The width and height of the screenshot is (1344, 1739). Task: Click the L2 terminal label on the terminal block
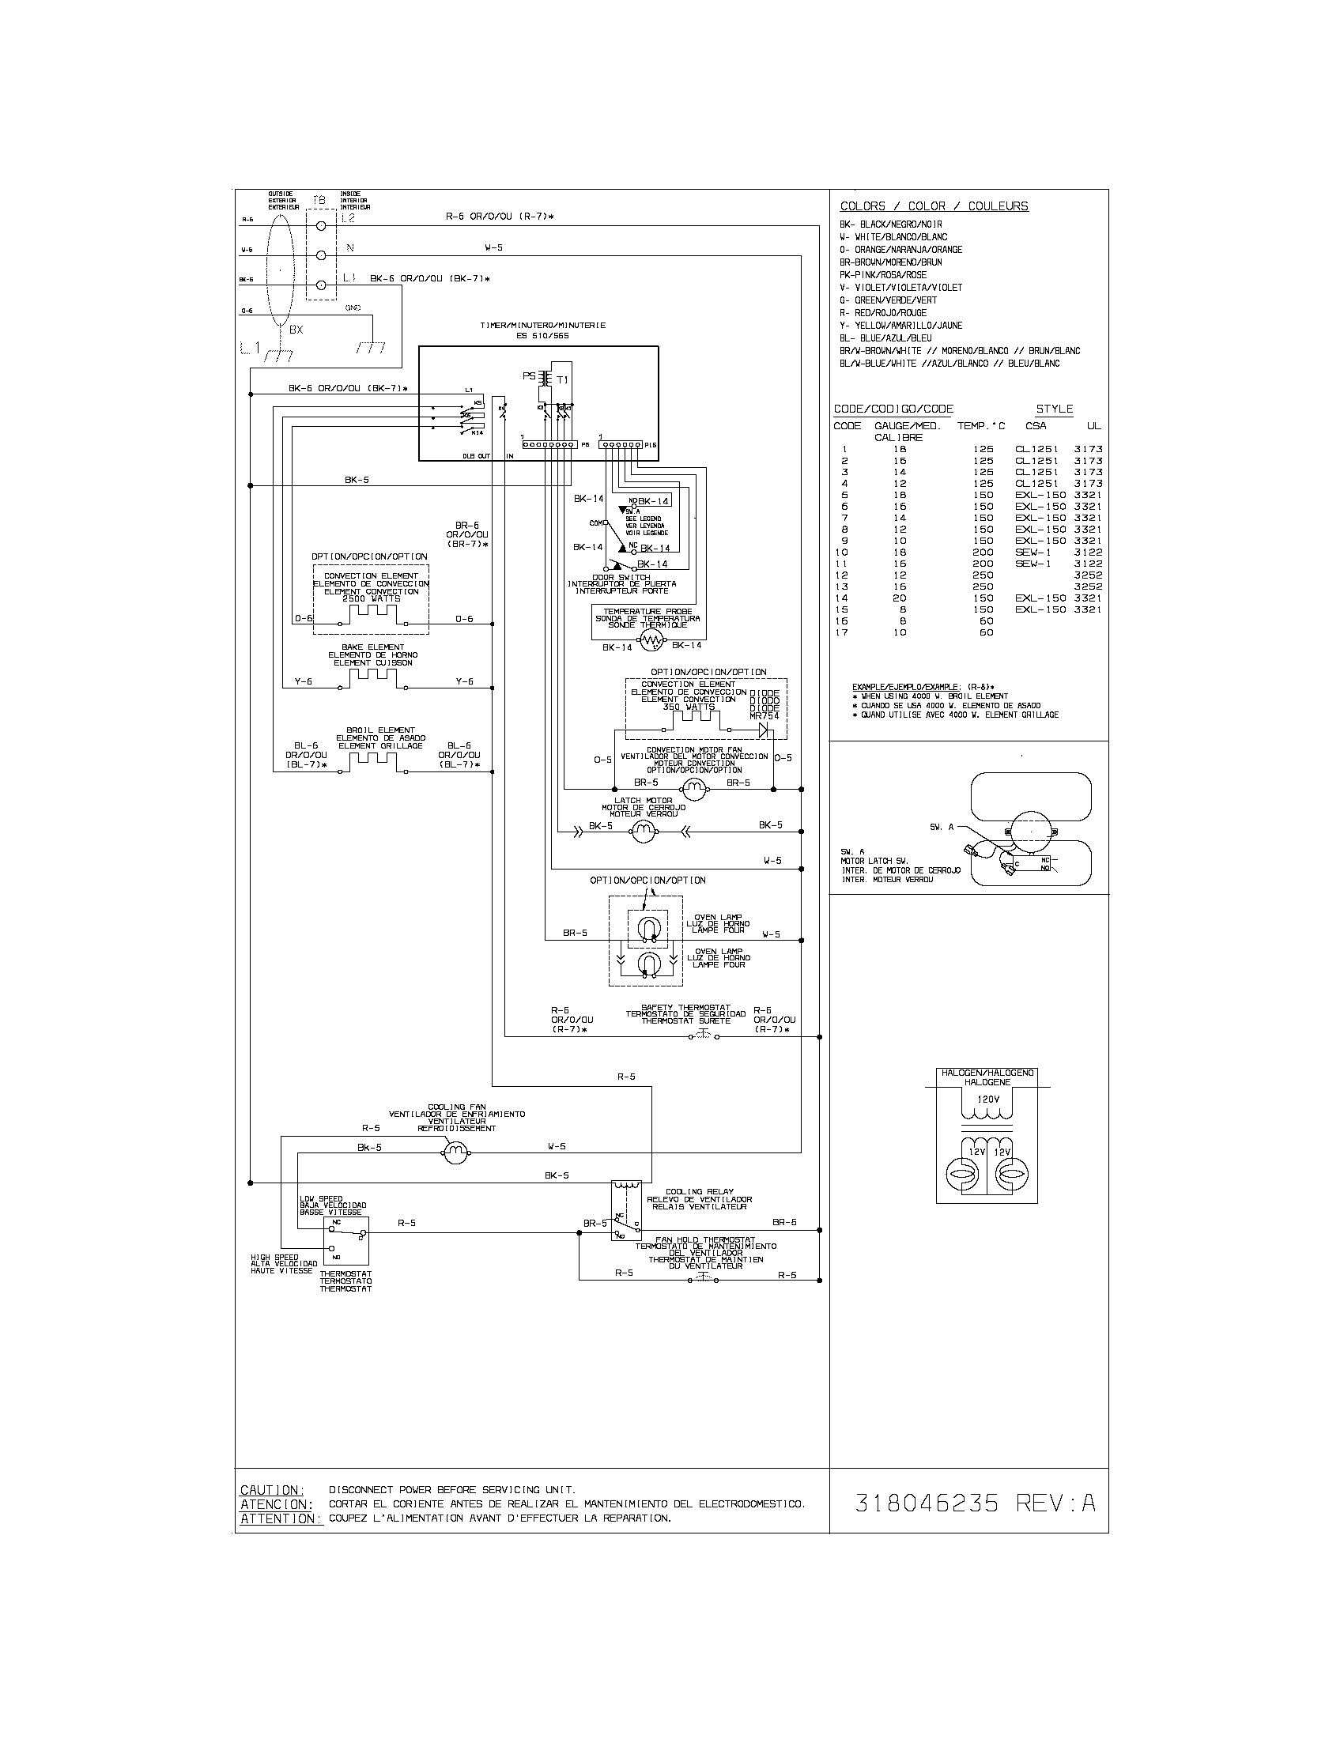tap(347, 217)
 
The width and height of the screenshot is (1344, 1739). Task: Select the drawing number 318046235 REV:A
tap(976, 1503)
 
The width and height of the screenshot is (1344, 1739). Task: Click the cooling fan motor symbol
tap(456, 1152)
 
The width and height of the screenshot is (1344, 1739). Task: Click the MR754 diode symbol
tap(765, 728)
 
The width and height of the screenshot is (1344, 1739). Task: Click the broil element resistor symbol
tap(372, 761)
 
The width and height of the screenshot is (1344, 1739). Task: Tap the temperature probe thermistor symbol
tap(651, 640)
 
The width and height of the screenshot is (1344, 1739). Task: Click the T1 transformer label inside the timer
tap(563, 379)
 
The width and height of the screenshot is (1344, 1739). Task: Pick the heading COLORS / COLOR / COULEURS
tap(934, 206)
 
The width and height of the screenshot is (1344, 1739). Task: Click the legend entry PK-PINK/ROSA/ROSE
tap(883, 275)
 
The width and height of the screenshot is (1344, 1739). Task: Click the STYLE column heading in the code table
tap(1054, 409)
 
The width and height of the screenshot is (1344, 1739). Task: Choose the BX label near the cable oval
tap(296, 329)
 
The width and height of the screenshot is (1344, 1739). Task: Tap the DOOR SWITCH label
tap(621, 577)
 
